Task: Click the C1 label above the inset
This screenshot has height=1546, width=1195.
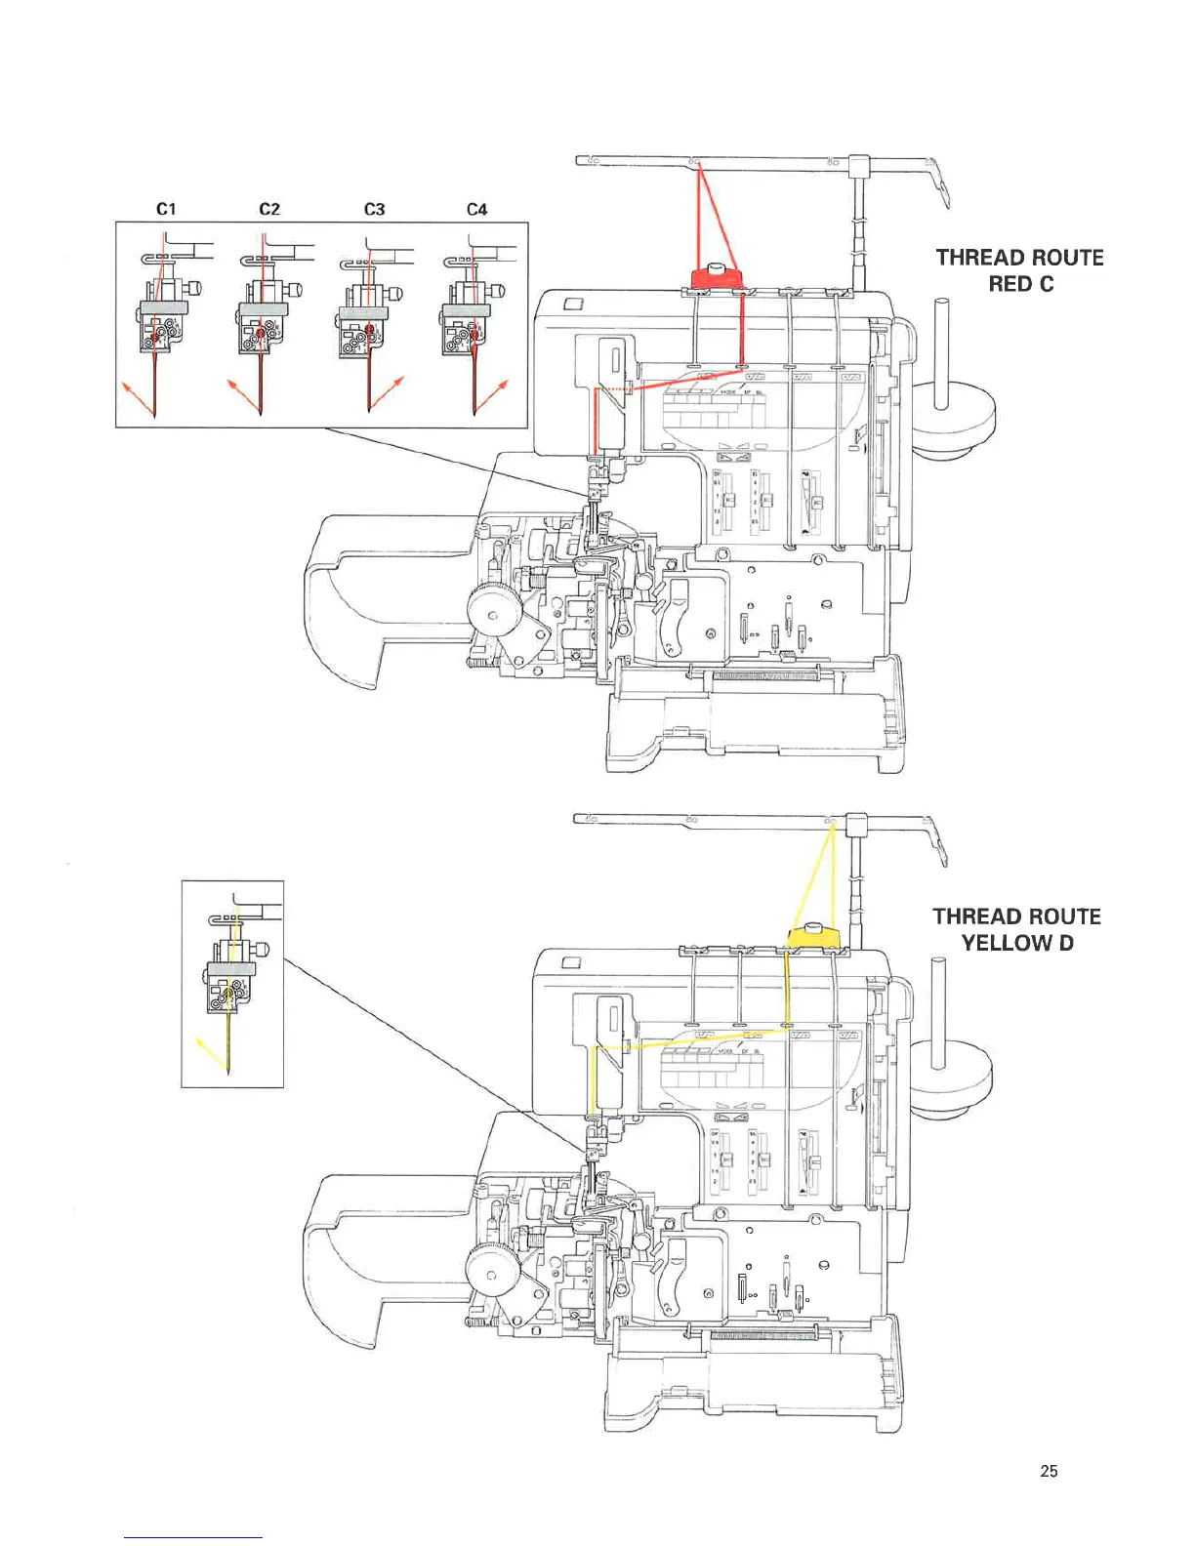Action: [x=166, y=209]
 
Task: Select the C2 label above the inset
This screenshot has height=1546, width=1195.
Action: [x=269, y=209]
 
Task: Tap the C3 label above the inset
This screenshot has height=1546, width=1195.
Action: [x=374, y=209]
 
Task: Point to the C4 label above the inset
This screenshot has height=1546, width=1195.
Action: [x=476, y=209]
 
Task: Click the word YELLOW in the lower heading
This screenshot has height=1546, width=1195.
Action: [x=1006, y=943]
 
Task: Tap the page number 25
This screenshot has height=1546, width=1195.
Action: [x=1049, y=1471]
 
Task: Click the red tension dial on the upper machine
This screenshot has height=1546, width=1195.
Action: [x=715, y=276]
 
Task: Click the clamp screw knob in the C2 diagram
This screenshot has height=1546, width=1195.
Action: [x=296, y=289]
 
